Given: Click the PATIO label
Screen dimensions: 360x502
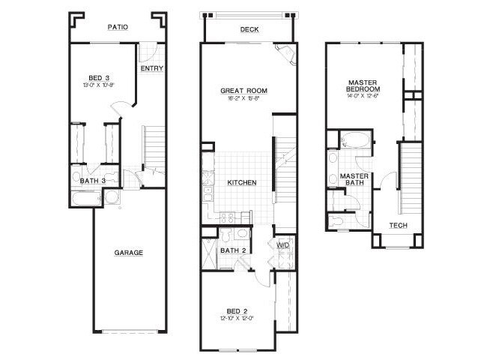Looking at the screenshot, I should pos(118,27).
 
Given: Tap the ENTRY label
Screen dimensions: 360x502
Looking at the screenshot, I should pos(152,69).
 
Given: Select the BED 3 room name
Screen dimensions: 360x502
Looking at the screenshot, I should pos(100,77).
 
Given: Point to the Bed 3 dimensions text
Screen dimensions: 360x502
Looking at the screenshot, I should pos(100,85).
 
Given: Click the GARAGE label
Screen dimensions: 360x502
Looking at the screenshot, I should pos(129,253).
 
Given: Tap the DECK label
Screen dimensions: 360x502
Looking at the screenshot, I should pos(250,30).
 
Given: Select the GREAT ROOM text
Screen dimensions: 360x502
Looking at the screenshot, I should pos(244,91).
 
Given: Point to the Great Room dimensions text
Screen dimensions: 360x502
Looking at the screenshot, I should pos(244,98).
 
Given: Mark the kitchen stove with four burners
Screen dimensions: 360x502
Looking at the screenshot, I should pos(228,217).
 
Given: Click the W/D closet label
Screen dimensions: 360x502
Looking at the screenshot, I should pos(282,245).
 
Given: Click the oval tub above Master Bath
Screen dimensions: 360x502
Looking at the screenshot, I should pos(351,140).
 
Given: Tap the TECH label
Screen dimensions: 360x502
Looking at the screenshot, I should pos(398,226).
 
